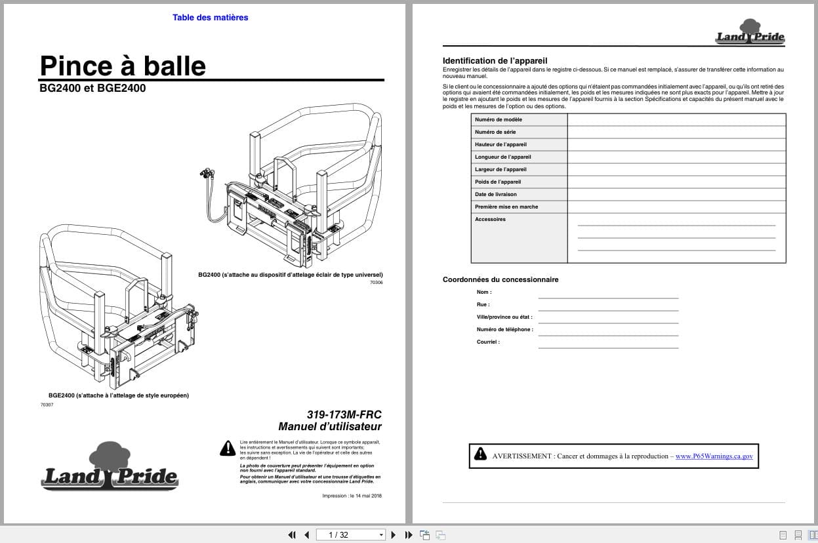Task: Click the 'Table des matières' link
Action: tap(210, 18)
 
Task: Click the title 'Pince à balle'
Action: tap(123, 66)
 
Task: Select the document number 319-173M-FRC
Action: tap(344, 414)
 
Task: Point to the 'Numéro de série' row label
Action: tap(495, 132)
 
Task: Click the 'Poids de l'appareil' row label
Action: tap(498, 182)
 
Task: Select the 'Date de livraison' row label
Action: tap(495, 194)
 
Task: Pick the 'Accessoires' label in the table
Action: tap(490, 219)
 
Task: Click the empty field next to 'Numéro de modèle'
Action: tap(676, 119)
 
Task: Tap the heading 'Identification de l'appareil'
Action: tap(495, 61)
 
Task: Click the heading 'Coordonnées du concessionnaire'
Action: tap(501, 279)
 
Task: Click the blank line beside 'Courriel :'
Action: tap(608, 343)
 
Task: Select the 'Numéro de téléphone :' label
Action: tap(504, 329)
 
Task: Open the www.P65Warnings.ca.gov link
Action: tap(714, 456)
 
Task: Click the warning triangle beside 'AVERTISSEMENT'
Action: tap(481, 454)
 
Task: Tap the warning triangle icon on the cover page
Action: tap(227, 449)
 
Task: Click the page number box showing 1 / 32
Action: tap(350, 535)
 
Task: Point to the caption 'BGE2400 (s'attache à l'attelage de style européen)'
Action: tap(119, 395)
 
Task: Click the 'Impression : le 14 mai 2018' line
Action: tap(352, 496)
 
